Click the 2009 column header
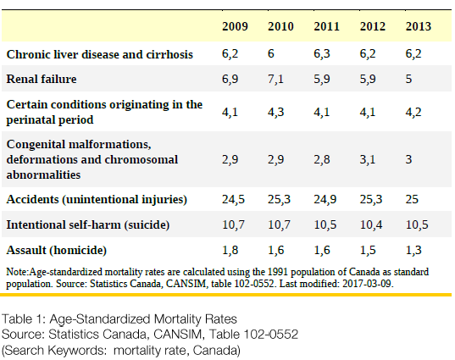tap(235, 26)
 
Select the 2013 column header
tap(419, 26)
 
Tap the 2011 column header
tap(326, 26)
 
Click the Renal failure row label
tap(42, 79)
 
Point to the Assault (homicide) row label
tap(57, 251)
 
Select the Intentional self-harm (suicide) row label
tap(88, 225)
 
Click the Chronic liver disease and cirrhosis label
tap(99, 54)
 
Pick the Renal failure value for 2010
tap(275, 79)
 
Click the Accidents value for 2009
tap(233, 200)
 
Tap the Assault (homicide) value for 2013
tap(413, 251)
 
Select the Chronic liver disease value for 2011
tap(322, 54)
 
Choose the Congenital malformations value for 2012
tap(368, 159)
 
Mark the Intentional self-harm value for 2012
tap(371, 224)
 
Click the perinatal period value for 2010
tap(275, 113)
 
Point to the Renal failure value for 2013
tap(408, 79)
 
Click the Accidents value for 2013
tap(412, 199)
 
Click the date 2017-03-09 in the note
tap(368, 284)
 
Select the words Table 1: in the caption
tap(24, 319)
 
